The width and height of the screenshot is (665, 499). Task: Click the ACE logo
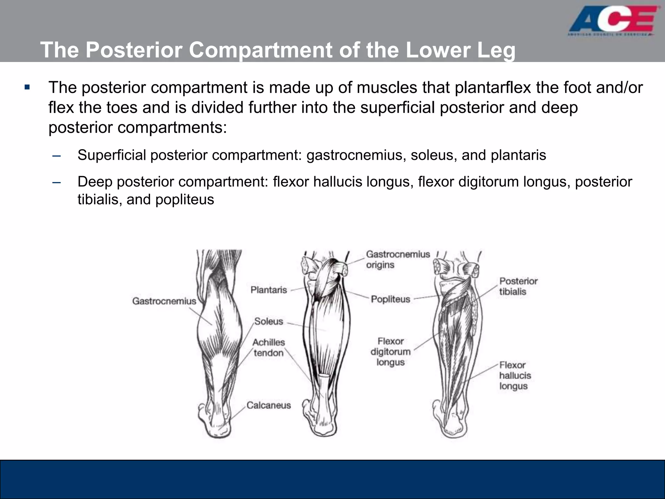(x=614, y=23)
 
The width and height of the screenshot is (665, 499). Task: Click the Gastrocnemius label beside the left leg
(x=164, y=301)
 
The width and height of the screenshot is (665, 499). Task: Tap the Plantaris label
(x=269, y=290)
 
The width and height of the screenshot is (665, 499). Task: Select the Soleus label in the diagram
(x=269, y=321)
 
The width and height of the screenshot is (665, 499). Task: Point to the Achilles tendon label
(x=269, y=347)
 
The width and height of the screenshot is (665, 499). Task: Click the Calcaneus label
(x=269, y=405)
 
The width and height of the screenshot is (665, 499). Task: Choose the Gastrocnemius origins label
(x=398, y=259)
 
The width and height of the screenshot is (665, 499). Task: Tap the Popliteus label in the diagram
(x=391, y=299)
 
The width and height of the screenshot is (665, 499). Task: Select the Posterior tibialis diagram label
(x=518, y=286)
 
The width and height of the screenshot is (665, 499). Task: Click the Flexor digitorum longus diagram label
(x=391, y=352)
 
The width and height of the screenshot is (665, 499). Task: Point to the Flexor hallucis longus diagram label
(x=515, y=376)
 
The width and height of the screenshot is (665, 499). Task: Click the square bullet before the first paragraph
(x=27, y=87)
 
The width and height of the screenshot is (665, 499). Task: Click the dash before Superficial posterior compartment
(x=56, y=156)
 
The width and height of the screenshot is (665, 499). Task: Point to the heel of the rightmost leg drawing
(x=455, y=429)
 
